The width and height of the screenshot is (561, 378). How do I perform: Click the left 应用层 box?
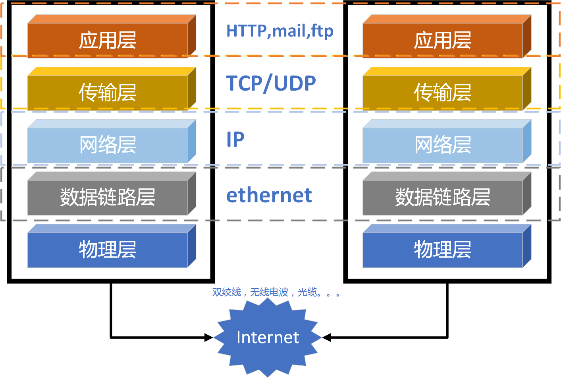[112, 36]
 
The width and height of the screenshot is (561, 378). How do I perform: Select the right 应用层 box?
[447, 36]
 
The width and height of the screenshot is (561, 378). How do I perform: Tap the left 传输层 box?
[112, 89]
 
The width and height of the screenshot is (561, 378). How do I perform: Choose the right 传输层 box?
[447, 89]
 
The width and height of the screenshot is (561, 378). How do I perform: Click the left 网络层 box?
[112, 141]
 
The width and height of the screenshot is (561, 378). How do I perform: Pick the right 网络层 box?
[447, 141]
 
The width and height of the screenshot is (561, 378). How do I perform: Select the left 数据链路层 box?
[112, 194]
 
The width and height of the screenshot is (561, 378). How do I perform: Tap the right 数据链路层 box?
[447, 194]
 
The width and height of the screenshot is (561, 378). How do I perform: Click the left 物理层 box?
[112, 246]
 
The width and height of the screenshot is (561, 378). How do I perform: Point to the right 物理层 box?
[447, 246]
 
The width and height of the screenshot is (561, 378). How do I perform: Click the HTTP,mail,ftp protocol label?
[280, 31]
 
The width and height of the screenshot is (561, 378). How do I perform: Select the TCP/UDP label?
[271, 83]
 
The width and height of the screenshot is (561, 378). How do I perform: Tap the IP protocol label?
[235, 139]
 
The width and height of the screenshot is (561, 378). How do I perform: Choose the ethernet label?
[269, 195]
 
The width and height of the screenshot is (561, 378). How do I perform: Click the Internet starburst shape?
[268, 337]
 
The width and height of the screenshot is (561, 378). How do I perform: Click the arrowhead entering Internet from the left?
[208, 337]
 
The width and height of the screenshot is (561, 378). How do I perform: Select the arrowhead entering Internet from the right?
[327, 337]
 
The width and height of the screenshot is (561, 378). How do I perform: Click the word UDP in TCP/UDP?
[295, 83]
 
